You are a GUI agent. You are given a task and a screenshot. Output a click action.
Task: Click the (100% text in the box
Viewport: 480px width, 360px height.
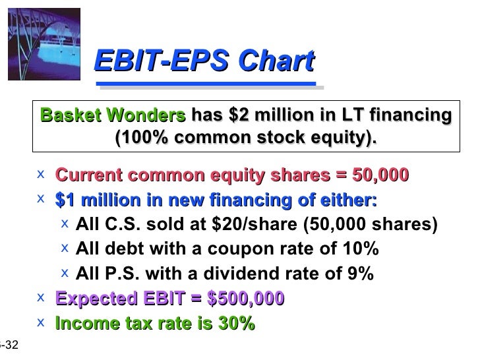tap(140, 138)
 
